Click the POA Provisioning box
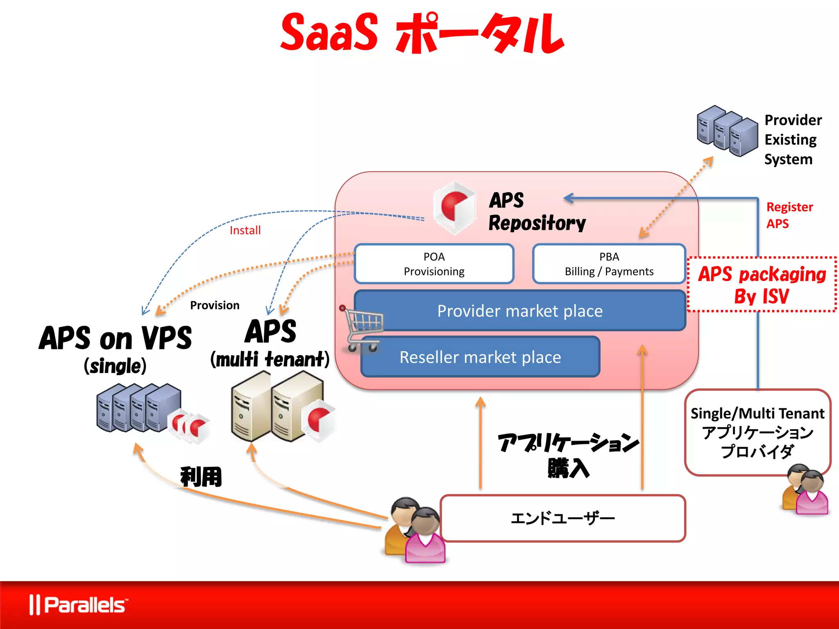[434, 264]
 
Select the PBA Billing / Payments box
[609, 264]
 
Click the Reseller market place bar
[480, 357]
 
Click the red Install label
[245, 231]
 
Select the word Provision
[215, 305]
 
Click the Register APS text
[789, 215]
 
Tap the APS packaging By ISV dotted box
[762, 285]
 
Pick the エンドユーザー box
[562, 518]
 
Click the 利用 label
[201, 477]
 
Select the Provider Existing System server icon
[727, 131]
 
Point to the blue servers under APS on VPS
[139, 408]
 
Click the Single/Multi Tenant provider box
[757, 432]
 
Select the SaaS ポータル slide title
[422, 33]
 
